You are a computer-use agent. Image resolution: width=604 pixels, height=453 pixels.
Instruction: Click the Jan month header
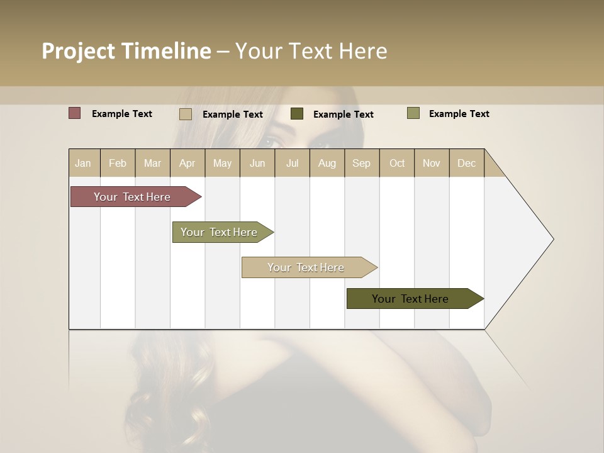83,163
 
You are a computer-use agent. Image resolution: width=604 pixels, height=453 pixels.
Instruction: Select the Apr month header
187,163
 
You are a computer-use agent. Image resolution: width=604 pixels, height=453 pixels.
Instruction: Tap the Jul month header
292,163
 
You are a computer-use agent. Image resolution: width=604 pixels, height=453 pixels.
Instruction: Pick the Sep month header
361,163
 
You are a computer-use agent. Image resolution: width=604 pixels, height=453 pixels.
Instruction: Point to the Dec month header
466,163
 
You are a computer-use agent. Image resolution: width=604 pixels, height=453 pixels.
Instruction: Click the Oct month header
397,163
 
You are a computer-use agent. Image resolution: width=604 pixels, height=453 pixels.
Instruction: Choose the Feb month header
118,163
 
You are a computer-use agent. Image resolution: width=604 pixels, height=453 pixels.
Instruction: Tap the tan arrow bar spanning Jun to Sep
306,267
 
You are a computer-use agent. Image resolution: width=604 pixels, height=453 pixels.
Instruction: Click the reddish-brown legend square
74,113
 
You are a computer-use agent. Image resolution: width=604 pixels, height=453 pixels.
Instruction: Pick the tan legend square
186,114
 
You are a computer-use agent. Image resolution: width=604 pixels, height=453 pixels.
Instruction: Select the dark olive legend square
297,114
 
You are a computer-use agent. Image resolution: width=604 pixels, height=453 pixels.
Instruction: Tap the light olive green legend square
413,113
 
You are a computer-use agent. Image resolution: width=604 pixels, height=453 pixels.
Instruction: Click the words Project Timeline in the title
126,51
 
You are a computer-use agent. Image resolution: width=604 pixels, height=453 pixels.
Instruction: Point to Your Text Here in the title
311,51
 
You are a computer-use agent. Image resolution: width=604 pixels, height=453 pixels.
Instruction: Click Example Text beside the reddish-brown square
122,114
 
